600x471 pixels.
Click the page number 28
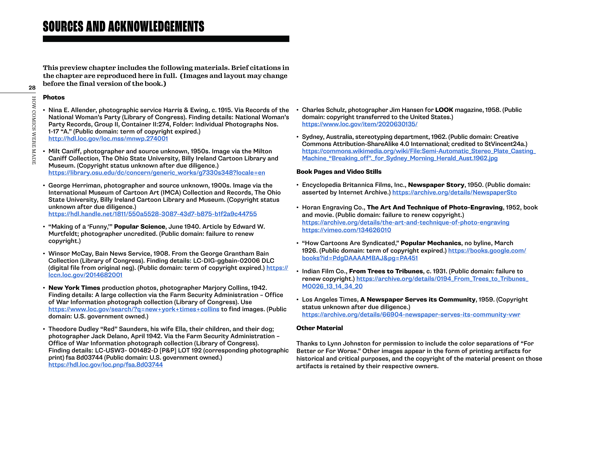32,88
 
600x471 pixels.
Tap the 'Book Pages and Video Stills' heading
339,172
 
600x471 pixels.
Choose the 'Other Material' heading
319,328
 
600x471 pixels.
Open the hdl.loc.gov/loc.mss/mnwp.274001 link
108,138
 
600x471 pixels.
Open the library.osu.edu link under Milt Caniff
156,173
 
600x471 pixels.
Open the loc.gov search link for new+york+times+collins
134,309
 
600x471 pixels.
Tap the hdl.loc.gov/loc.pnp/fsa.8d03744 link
105,365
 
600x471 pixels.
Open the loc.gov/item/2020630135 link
360,124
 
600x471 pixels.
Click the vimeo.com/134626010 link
346,230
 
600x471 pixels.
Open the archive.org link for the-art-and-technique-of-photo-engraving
405,223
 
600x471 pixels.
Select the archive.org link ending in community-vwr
411,315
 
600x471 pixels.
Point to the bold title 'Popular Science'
139,227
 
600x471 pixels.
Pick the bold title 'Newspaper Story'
436,185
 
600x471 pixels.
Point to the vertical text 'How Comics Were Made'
34,130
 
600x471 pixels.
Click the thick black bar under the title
166,39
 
